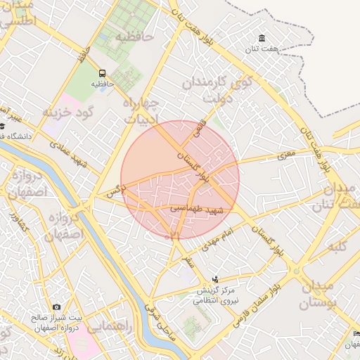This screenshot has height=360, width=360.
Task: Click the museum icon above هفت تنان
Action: (x=262, y=37)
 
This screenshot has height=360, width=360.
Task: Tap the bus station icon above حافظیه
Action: (x=103, y=72)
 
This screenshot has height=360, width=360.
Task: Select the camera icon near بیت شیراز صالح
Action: (x=56, y=307)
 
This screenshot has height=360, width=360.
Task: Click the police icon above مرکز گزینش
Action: (x=214, y=278)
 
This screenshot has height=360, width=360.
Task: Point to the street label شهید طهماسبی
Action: (x=196, y=209)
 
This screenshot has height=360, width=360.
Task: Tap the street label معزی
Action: (x=286, y=154)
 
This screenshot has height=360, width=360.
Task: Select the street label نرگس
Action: (x=115, y=188)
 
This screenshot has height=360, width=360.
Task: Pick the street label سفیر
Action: (x=187, y=262)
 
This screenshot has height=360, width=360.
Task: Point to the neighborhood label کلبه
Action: (x=340, y=247)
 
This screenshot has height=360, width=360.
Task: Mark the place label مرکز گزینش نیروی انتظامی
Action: (x=215, y=295)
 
